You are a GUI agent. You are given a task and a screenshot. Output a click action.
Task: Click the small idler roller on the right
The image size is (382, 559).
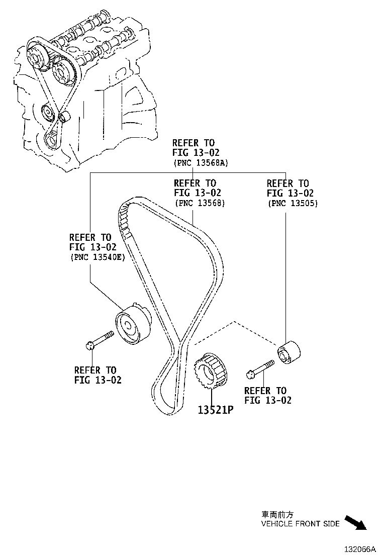point(289,354)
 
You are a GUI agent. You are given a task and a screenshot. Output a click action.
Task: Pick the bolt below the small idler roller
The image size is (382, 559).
point(260,368)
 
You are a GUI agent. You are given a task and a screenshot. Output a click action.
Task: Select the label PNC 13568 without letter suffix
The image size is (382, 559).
point(199,203)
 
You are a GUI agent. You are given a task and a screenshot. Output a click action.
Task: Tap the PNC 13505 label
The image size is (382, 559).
point(293,203)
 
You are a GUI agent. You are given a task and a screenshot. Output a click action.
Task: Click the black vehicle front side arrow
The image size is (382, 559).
point(356,523)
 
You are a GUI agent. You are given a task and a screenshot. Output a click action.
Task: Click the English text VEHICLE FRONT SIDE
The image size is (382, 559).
point(300,524)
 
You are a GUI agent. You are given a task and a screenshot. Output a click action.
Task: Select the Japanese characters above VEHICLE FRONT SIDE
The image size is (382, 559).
point(277,514)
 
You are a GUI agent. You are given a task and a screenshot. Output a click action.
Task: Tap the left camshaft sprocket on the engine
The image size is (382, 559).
point(36,55)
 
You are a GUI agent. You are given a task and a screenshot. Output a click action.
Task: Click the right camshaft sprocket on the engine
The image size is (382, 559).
point(61,71)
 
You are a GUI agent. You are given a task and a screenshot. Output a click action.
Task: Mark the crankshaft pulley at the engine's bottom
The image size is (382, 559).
point(51,138)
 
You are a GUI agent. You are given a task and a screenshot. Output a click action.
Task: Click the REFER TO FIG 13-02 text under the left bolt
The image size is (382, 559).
point(98,375)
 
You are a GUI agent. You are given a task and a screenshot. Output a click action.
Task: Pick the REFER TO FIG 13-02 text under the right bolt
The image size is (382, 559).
point(267,395)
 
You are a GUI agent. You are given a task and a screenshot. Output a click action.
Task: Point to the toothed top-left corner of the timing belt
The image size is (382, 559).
point(124,211)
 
